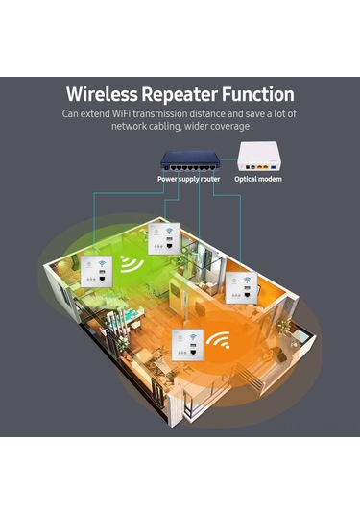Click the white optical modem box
coord(257,155)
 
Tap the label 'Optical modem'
coord(258,179)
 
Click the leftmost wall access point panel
coord(94,272)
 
